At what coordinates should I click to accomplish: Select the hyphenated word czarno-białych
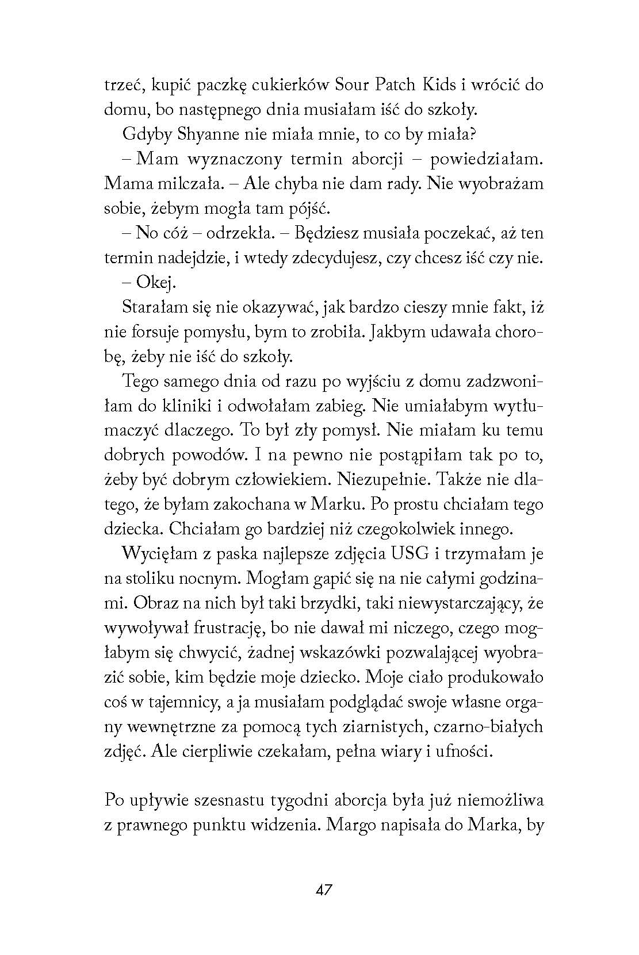[486, 727]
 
